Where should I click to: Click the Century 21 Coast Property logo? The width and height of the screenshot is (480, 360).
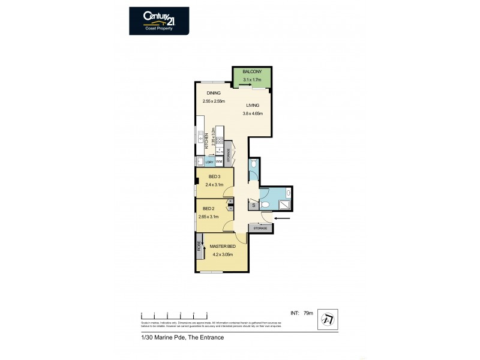pyautogui.click(x=159, y=21)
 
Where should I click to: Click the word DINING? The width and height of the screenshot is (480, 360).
pyautogui.click(x=214, y=93)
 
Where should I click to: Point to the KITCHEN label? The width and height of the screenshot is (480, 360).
pyautogui.click(x=206, y=141)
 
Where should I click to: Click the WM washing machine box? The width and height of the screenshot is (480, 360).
pyautogui.click(x=219, y=161)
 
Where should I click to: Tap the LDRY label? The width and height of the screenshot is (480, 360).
pyautogui.click(x=209, y=161)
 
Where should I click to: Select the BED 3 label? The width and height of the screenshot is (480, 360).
pyautogui.click(x=214, y=176)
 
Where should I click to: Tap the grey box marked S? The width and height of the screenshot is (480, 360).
pyautogui.click(x=253, y=205)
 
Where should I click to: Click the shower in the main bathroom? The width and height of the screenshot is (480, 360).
pyautogui.click(x=286, y=205)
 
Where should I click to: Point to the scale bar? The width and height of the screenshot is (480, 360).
pyautogui.click(x=174, y=314)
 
